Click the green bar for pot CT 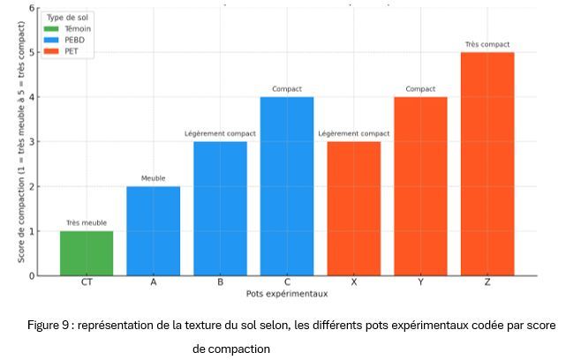pyautogui.click(x=87, y=253)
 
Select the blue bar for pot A pyautogui.click(x=153, y=231)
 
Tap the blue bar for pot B pyautogui.click(x=220, y=208)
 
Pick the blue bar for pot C pyautogui.click(x=287, y=186)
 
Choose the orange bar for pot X pyautogui.click(x=353, y=208)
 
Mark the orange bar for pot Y pyautogui.click(x=420, y=186)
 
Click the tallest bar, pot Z pyautogui.click(x=487, y=164)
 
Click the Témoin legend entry pyautogui.click(x=77, y=28)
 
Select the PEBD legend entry pyautogui.click(x=74, y=40)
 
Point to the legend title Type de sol pyautogui.click(x=67, y=17)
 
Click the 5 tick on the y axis pyautogui.click(x=32, y=52)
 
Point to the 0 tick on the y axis pyautogui.click(x=32, y=275)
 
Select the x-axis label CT pyautogui.click(x=87, y=283)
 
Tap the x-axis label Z pyautogui.click(x=487, y=283)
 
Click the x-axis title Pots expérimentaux pyautogui.click(x=286, y=293)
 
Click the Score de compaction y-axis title pyautogui.click(x=19, y=141)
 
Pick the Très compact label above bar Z pyautogui.click(x=487, y=45)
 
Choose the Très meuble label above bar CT pyautogui.click(x=87, y=223)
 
